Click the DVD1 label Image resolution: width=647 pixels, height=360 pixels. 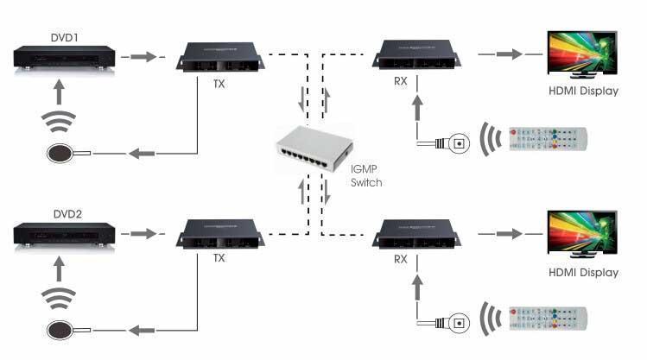click(x=64, y=37)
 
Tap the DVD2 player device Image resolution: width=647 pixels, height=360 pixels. click(x=65, y=235)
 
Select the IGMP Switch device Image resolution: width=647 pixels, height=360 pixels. click(x=314, y=149)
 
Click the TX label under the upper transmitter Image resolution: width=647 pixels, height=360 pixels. click(x=219, y=84)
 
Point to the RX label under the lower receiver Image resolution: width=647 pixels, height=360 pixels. click(x=400, y=259)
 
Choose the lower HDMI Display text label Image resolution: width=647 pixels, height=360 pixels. click(x=583, y=273)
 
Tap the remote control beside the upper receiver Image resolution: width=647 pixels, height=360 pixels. click(x=548, y=139)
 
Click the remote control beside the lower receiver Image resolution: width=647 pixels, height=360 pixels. click(x=548, y=319)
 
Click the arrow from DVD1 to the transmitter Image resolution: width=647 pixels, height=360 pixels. click(x=143, y=56)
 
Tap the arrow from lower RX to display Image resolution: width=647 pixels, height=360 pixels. click(x=510, y=234)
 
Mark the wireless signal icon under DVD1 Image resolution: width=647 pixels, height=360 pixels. click(x=59, y=121)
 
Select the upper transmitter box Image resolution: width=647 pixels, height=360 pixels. click(x=220, y=57)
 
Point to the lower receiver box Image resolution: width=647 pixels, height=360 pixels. click(x=416, y=234)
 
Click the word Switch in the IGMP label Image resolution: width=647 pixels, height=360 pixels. click(x=366, y=183)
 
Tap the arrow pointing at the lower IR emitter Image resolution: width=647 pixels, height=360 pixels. click(x=142, y=331)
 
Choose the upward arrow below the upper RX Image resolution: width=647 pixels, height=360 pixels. click(x=417, y=108)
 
